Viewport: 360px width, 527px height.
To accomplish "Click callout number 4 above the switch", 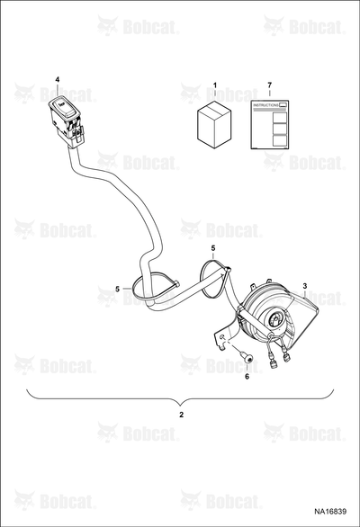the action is [x=58, y=80].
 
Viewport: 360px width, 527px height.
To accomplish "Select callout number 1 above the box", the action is [x=215, y=85].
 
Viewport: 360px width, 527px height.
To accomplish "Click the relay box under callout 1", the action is [x=214, y=124].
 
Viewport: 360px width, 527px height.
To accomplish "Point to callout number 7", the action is [x=269, y=85].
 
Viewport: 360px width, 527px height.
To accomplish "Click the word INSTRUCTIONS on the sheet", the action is [x=265, y=105].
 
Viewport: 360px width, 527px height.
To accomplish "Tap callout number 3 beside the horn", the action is [x=304, y=286].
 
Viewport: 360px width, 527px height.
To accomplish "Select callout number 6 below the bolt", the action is [x=247, y=377].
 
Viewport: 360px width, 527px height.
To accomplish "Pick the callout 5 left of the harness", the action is [x=117, y=289].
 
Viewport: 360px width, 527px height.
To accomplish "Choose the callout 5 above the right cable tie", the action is [x=213, y=248].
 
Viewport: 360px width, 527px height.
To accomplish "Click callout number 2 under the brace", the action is [x=181, y=415].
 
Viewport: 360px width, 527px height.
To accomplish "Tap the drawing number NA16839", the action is [x=330, y=512].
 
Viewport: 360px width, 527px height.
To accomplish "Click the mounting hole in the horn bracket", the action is [x=222, y=337].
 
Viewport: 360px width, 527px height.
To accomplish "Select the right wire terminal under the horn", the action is [x=286, y=357].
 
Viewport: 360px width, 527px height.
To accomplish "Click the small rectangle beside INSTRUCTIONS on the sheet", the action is [x=283, y=105].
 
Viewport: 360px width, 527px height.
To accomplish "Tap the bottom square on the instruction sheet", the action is [x=280, y=140].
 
